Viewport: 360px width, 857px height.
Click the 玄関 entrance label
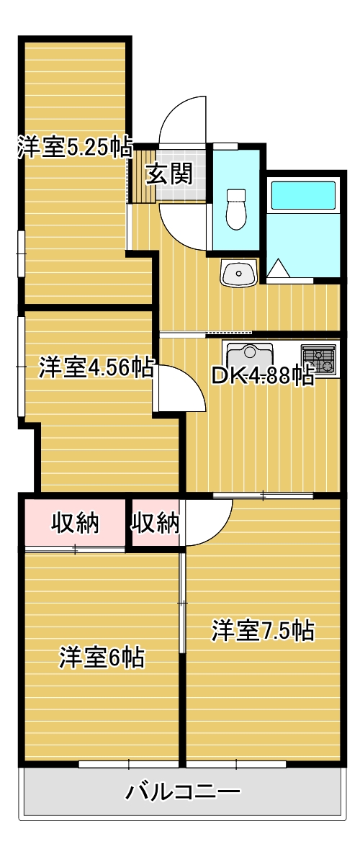coord(170,174)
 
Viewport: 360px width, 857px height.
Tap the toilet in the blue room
coord(235,209)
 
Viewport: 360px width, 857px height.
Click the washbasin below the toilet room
coord(238,274)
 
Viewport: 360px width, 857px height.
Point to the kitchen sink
coord(250,357)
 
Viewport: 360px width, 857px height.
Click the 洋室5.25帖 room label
coord(75,148)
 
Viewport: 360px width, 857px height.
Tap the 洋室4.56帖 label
coord(96,368)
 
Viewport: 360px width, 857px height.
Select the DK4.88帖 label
coord(262,376)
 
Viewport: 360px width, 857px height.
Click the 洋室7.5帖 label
coord(263,631)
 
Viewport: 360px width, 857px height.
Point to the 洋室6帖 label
coord(102,657)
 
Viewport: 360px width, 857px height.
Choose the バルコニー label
coord(183,793)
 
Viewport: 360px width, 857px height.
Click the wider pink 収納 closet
coord(75,524)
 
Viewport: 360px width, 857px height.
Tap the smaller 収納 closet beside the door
coord(155,524)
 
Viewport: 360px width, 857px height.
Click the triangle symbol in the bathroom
coord(279,269)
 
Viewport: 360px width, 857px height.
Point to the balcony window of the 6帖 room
coord(128,763)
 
